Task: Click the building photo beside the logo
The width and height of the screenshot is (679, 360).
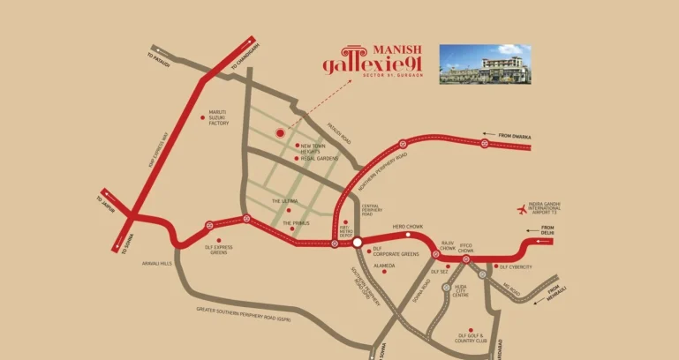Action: coord(485,64)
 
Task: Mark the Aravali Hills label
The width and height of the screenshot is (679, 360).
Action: coord(156,262)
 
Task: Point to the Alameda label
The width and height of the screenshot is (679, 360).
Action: coord(384,266)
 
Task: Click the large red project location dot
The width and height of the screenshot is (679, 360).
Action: coord(280,133)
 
